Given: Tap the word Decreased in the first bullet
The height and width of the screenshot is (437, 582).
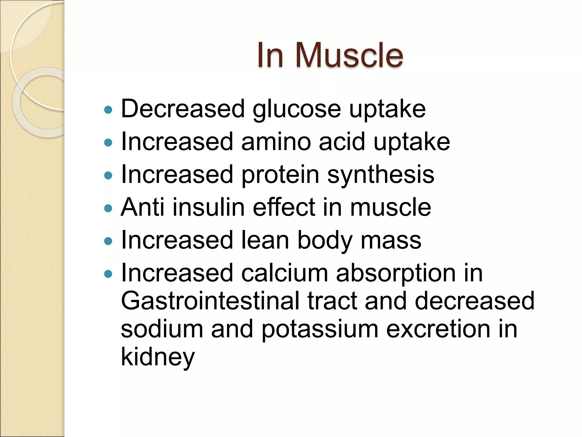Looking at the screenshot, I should pyautogui.click(x=183, y=109).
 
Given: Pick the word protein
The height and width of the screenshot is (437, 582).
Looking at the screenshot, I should pyautogui.click(x=280, y=175).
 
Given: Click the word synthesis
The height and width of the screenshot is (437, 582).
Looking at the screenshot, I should pyautogui.click(x=381, y=175).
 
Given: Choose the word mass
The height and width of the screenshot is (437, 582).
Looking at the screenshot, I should pyautogui.click(x=391, y=240).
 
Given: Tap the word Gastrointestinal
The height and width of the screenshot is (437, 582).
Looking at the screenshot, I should pyautogui.click(x=210, y=301).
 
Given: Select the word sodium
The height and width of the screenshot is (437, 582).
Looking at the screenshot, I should pyautogui.click(x=162, y=329).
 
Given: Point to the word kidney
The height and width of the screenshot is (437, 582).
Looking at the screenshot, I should pyautogui.click(x=158, y=357).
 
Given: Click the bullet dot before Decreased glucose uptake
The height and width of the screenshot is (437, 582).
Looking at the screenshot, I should pyautogui.click(x=108, y=110).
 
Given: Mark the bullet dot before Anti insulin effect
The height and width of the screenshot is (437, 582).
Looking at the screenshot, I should pyautogui.click(x=108, y=208).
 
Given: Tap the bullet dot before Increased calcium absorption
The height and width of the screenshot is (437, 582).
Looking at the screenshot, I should pyautogui.click(x=108, y=274).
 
